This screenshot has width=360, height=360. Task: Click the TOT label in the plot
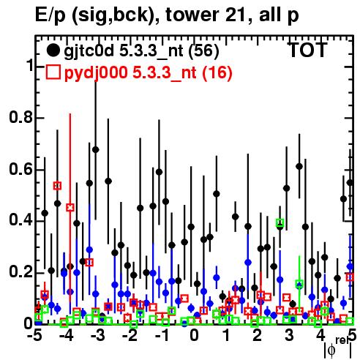pyautogui.click(x=308, y=50)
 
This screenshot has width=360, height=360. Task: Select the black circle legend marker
pyautogui.click(x=53, y=50)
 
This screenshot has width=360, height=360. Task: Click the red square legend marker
pyautogui.click(x=53, y=72)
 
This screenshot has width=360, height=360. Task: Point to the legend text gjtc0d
pyautogui.click(x=89, y=51)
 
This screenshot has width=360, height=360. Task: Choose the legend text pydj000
pyautogui.click(x=96, y=73)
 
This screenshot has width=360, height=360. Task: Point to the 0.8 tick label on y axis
pyautogui.click(x=20, y=117)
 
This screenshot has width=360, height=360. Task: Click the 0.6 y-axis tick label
pyautogui.click(x=20, y=169)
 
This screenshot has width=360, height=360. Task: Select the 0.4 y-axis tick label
pyautogui.click(x=20, y=220)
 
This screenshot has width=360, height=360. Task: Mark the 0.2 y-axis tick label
pyautogui.click(x=20, y=272)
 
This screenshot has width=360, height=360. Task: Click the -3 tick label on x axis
pyautogui.click(x=98, y=336)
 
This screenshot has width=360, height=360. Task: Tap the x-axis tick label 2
pyautogui.click(x=257, y=336)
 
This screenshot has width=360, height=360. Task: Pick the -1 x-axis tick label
pyautogui.click(x=162, y=336)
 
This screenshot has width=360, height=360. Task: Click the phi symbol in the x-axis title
pyautogui.click(x=331, y=350)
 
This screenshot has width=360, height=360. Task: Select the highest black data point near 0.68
pyautogui.click(x=96, y=149)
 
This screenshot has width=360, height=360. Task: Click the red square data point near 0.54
pyautogui.click(x=57, y=186)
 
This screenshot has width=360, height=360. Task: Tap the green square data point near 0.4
pyautogui.click(x=280, y=222)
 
